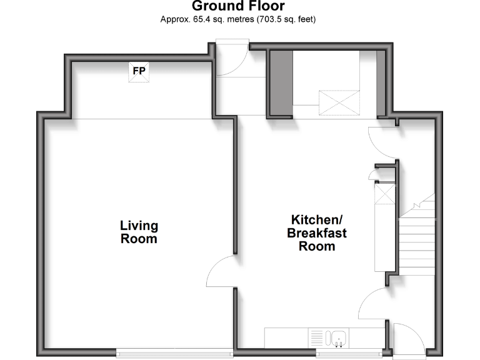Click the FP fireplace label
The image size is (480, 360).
[139, 71]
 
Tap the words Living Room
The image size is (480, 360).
[139, 232]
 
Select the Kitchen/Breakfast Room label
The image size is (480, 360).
[317, 232]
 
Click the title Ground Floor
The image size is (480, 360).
[238, 7]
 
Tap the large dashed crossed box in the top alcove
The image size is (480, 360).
[339, 102]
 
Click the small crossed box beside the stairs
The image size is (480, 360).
[384, 194]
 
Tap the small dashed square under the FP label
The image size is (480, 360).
[139, 79]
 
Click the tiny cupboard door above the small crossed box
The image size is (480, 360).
[374, 174]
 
